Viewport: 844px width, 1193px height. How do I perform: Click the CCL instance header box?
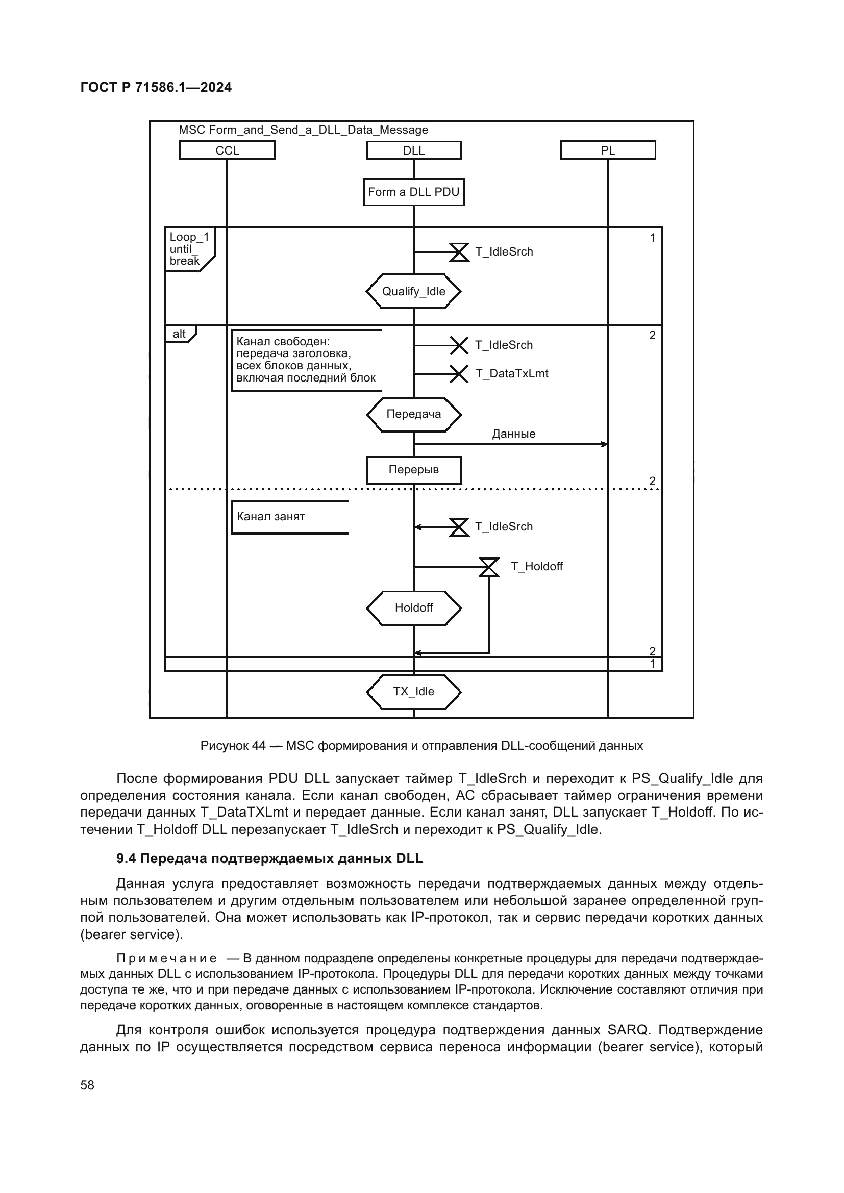[227, 150]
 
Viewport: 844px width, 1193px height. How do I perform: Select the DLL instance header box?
[414, 150]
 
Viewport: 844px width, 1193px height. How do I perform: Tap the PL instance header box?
[608, 150]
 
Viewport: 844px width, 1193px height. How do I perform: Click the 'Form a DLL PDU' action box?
[414, 192]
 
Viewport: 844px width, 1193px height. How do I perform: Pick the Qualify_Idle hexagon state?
[414, 292]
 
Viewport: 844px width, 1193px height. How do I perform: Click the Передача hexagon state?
[414, 414]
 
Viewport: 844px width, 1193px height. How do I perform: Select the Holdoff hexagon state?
[414, 608]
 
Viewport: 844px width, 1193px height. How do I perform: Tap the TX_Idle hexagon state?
[414, 692]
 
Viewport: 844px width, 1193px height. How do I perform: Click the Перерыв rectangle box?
[414, 470]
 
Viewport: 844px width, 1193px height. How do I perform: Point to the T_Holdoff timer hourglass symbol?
[488, 567]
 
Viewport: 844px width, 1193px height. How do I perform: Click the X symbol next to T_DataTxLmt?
[458, 373]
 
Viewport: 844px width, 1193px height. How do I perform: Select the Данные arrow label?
[513, 434]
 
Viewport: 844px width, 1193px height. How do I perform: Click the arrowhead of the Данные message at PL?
[604, 444]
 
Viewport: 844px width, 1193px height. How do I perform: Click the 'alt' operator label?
[179, 334]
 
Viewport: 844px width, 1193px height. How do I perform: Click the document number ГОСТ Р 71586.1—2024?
[156, 87]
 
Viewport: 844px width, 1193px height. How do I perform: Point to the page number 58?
[87, 1085]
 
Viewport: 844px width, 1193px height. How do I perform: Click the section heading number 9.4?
[126, 859]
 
